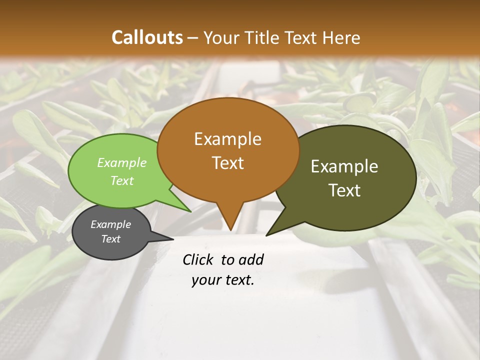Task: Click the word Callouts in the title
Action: [x=147, y=37]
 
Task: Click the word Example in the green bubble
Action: [x=122, y=162]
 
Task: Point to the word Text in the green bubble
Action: [x=122, y=180]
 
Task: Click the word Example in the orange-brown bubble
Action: [x=227, y=139]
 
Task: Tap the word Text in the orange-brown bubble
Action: [x=227, y=163]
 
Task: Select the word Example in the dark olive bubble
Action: [x=344, y=166]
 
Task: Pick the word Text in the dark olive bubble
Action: [x=344, y=190]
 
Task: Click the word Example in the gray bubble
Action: [x=110, y=224]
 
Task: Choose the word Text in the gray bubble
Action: [x=110, y=239]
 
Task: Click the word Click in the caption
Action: [x=198, y=259]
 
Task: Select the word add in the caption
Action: [x=251, y=259]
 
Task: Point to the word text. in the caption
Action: [x=238, y=280]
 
